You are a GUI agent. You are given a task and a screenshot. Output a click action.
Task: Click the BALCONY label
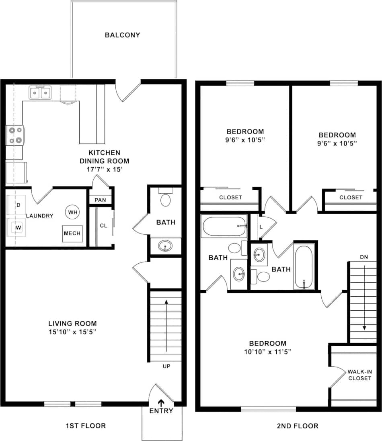(x=122, y=35)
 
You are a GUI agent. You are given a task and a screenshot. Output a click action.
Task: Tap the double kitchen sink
(x=40, y=93)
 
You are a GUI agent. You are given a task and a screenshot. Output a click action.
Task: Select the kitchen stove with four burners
(x=15, y=135)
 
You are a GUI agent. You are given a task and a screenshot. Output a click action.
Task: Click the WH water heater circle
(x=73, y=212)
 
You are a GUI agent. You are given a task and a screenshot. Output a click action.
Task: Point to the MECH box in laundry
(x=72, y=233)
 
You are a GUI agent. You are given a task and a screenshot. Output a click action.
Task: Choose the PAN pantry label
(x=100, y=200)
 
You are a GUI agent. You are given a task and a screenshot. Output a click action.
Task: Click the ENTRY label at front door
(x=161, y=411)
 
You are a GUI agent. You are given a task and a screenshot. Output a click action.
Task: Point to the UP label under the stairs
(x=167, y=366)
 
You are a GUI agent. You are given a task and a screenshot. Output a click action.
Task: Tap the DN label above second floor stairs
(x=364, y=256)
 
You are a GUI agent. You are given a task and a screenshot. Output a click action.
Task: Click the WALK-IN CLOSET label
(x=359, y=375)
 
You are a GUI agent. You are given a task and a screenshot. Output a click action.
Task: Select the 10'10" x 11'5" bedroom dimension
(x=268, y=351)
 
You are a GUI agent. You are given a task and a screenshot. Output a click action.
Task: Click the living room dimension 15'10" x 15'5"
(x=72, y=332)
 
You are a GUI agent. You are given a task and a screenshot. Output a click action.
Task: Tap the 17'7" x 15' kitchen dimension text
(x=104, y=169)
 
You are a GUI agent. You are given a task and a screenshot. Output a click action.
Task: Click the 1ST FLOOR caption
(x=85, y=426)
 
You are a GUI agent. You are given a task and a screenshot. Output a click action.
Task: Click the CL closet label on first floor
(x=103, y=226)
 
